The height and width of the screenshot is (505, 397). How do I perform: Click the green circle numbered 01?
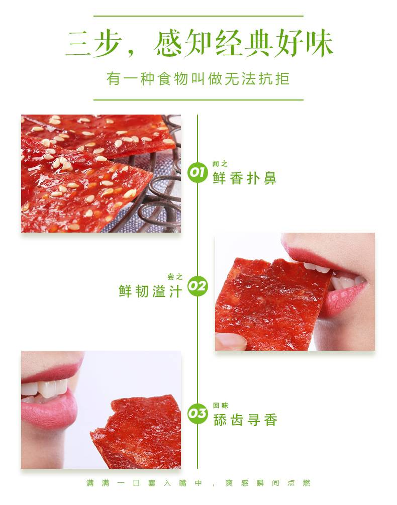point(197,173)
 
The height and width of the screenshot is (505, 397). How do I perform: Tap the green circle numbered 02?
point(197,286)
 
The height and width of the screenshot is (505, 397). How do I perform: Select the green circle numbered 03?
point(197,413)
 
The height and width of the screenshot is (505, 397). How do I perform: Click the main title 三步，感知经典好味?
point(198,43)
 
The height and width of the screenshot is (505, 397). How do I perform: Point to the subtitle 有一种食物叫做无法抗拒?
point(198,79)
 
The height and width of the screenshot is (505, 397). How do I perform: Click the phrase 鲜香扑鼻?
point(244,178)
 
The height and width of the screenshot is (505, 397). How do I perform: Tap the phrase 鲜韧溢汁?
point(150,291)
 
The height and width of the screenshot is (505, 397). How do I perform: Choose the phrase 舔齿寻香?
point(245,420)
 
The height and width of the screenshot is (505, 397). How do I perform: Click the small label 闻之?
point(220,164)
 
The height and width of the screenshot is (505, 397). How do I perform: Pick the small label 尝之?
point(175,277)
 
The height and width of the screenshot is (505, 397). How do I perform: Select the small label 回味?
point(221,406)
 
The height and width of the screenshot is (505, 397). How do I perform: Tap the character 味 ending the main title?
point(319,43)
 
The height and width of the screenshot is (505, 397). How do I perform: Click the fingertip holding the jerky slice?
point(229,341)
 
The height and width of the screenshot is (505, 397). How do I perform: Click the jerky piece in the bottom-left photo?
point(137,432)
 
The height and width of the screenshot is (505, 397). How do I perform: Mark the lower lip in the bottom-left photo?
point(49,411)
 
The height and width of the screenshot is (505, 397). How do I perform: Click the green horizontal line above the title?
point(198,16)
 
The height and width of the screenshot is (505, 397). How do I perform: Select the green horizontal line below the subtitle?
point(198,100)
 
